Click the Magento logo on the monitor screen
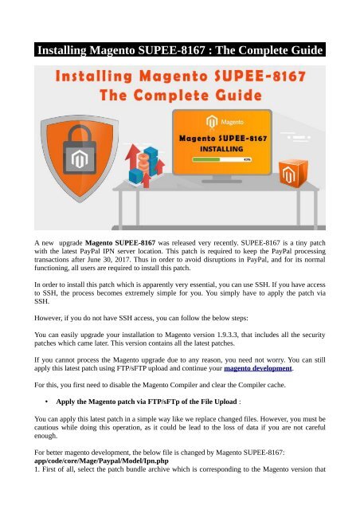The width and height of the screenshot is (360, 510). click(x=212, y=122)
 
